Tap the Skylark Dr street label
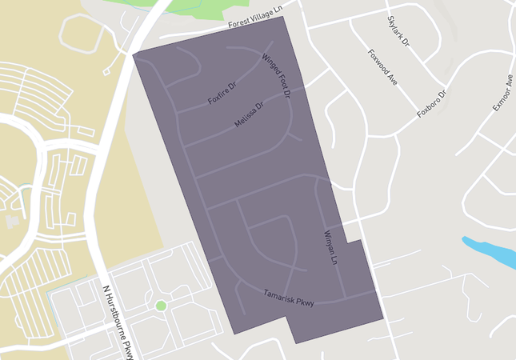coord(398,30)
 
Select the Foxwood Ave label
coord(382,66)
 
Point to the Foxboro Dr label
coord(435,104)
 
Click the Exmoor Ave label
coord(502,94)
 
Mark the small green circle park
coord(161,306)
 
